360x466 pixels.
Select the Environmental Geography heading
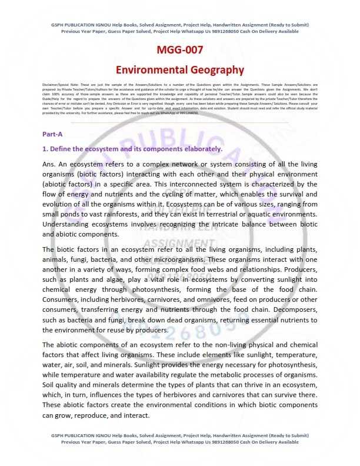(x=179, y=69)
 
